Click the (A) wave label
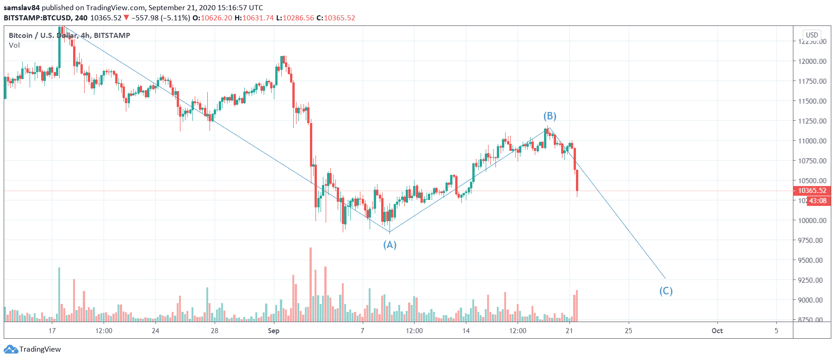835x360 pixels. pyautogui.click(x=390, y=245)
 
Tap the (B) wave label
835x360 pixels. pyautogui.click(x=550, y=116)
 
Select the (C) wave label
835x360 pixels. pyautogui.click(x=666, y=291)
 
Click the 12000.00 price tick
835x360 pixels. pyautogui.click(x=812, y=61)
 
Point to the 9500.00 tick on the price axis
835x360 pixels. pyautogui.click(x=812, y=260)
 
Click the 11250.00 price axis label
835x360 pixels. pyautogui.click(x=812, y=121)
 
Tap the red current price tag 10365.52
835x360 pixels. pyautogui.click(x=812, y=191)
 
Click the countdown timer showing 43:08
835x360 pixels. pyautogui.click(x=817, y=201)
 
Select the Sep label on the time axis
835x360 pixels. pyautogui.click(x=273, y=331)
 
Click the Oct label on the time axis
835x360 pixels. pyautogui.click(x=717, y=331)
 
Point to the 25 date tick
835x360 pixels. pyautogui.click(x=628, y=331)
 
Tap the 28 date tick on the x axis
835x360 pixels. pyautogui.click(x=214, y=331)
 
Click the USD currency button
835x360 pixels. pyautogui.click(x=812, y=35)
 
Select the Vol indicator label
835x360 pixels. pyautogui.click(x=14, y=45)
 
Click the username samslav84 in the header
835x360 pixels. pyautogui.click(x=21, y=8)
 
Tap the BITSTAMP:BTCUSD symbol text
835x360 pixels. pyautogui.click(x=37, y=18)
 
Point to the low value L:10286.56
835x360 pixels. pyautogui.click(x=295, y=18)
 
